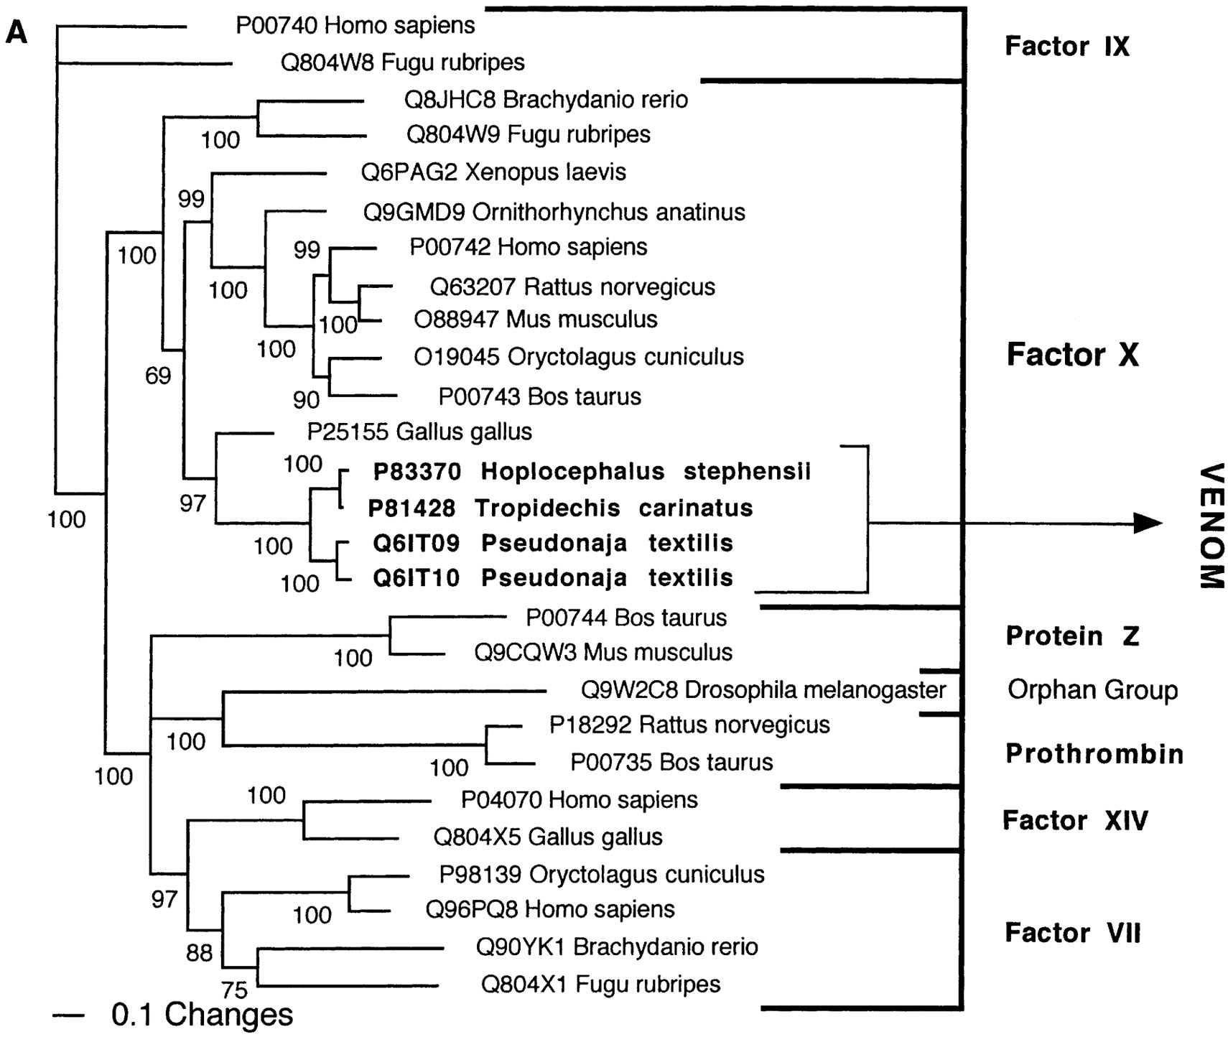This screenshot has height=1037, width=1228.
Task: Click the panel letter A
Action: point(16,32)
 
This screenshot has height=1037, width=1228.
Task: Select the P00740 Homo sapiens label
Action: point(355,26)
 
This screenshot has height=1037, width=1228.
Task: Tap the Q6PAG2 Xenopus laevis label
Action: point(493,172)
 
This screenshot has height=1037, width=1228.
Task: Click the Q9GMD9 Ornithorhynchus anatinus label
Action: point(554,213)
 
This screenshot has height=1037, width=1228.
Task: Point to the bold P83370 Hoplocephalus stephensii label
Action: point(592,472)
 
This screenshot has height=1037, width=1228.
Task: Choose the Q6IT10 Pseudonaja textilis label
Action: point(552,578)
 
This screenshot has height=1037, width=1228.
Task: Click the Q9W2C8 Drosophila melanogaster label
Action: point(763,690)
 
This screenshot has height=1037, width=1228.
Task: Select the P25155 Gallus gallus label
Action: point(419,432)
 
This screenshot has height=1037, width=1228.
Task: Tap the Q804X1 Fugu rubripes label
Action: point(600,984)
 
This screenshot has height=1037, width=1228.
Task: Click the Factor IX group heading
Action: point(1066,47)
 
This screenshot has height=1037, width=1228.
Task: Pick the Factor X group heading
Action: point(1072,355)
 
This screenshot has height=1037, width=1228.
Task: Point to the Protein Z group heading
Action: point(1072,636)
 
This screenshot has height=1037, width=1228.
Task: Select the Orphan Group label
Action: point(1092,690)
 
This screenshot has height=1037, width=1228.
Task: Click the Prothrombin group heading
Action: point(1094,754)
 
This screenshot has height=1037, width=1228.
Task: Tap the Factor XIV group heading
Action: point(1074,820)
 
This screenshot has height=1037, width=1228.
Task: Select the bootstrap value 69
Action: point(158,375)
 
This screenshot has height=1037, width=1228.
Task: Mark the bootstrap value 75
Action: point(234,990)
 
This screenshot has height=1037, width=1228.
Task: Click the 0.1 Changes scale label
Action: point(202,1015)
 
